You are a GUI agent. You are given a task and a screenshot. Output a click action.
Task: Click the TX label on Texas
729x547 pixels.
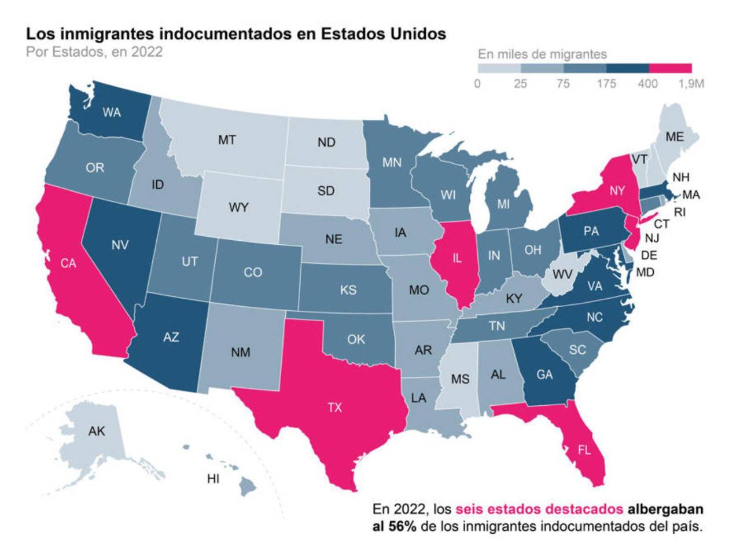pos(335,408)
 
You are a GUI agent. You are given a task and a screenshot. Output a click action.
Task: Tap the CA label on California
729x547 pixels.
pos(68,263)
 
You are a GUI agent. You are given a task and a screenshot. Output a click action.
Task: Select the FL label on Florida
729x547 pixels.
pos(584,450)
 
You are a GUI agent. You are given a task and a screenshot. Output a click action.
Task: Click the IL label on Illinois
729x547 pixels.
pos(457,259)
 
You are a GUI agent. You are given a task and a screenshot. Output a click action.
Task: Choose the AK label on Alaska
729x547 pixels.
pos(97,431)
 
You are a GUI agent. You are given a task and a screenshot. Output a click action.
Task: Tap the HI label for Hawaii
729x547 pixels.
pos(213,479)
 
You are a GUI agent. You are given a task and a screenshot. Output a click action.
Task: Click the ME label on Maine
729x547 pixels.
pos(674,137)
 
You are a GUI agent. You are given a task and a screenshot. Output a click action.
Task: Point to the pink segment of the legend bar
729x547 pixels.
pos(670,68)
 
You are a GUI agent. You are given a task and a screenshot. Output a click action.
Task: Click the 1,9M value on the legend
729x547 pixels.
pos(691,84)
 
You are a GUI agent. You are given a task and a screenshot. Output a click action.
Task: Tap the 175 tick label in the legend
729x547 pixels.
pos(606,84)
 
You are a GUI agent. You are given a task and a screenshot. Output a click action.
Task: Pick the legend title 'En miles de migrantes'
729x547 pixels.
pos(542,54)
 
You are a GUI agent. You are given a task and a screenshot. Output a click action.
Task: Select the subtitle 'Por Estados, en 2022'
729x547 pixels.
pos(94,51)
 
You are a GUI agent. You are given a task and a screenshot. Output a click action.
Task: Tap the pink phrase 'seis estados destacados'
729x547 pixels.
pos(539,509)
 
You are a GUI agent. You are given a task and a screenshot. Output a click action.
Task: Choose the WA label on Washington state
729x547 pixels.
pos(112,113)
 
